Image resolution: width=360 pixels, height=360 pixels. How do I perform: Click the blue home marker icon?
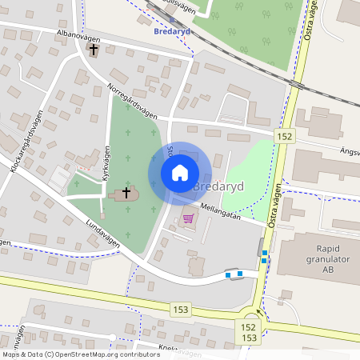point(180,172)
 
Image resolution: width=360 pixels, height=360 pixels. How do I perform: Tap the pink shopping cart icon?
point(189,217)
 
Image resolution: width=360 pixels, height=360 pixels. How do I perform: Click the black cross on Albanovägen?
point(94,50)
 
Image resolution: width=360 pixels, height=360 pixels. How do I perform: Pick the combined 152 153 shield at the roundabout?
point(249,333)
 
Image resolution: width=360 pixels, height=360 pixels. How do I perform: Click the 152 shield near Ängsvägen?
point(285,137)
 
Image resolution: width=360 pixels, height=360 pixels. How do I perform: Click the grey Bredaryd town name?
point(219,186)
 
